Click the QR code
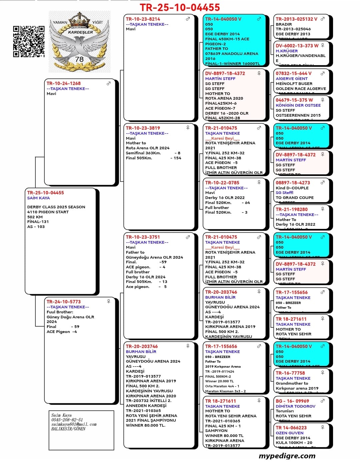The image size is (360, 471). point(29,41)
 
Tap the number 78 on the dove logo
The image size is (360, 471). point(79,59)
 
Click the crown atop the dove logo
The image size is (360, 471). point(80,19)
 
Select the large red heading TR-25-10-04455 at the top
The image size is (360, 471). point(180,7)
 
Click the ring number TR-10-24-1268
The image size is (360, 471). point(64,83)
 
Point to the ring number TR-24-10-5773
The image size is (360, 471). point(64,302)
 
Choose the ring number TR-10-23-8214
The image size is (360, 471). point(143,19)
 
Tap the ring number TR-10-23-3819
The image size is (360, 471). point(143,128)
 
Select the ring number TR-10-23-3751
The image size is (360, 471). point(143,237)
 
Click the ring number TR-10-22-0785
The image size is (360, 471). point(222,183)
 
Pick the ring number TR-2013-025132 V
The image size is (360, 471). point(296,19)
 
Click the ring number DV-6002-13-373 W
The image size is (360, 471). point(297,46)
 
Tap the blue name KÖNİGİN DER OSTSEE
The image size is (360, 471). point(298,105)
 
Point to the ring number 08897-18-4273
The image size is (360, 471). point(293,183)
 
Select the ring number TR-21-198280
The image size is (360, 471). point(292,209)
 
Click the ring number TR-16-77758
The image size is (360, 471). point(290,373)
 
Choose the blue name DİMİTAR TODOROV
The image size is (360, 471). point(295,406)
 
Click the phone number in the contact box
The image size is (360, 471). point(67,420)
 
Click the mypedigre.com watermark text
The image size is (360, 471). point(287,456)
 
